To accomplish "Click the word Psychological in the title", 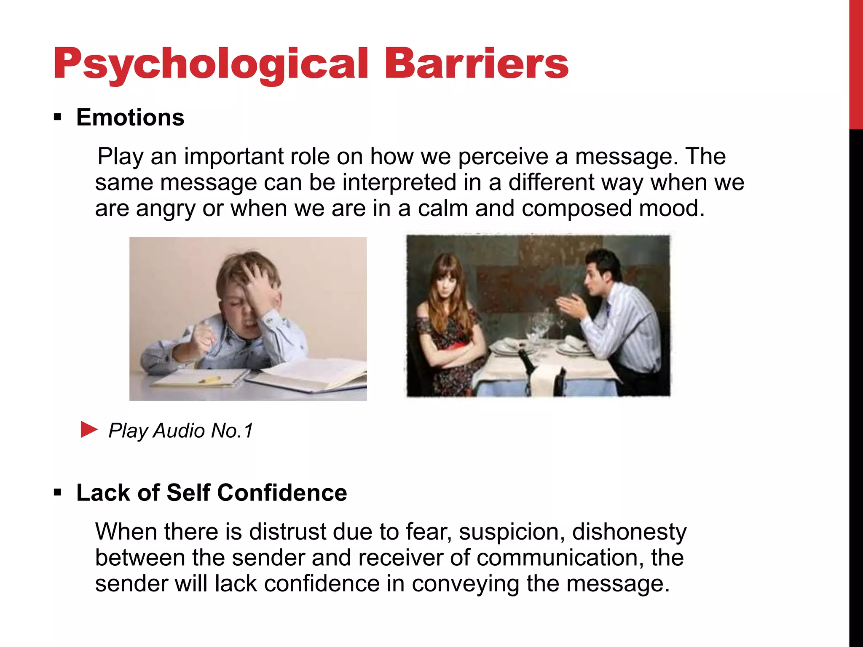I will (211, 64).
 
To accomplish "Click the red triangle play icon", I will (88, 430).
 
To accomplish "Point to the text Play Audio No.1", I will (181, 430).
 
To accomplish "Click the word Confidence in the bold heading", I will (282, 492).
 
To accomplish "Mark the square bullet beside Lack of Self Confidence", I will (58, 492).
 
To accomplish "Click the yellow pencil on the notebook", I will (209, 380).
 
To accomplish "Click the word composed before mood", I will (576, 209).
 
